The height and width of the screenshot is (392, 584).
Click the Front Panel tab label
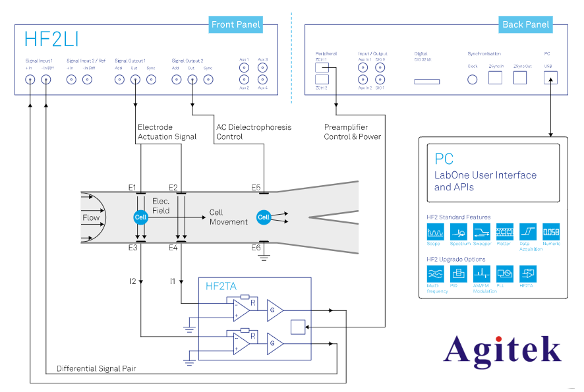pyautogui.click(x=236, y=25)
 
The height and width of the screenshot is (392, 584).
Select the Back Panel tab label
pyautogui.click(x=525, y=25)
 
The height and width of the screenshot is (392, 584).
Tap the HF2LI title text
pyautogui.click(x=51, y=39)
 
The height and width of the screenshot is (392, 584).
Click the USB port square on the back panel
pyautogui.click(x=549, y=78)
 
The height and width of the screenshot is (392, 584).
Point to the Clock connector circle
pyautogui.click(x=473, y=79)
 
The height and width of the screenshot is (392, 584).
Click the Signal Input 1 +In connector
pyautogui.click(x=30, y=80)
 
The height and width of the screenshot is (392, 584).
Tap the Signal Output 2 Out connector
pyautogui.click(x=192, y=80)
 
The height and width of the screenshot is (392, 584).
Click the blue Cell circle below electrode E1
pyautogui.click(x=140, y=217)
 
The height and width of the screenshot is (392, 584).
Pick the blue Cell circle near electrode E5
pyautogui.click(x=264, y=217)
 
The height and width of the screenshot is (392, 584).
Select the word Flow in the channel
pyautogui.click(x=91, y=217)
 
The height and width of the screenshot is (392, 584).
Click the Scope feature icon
pyautogui.click(x=434, y=232)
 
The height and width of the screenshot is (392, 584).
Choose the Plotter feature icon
pyautogui.click(x=504, y=232)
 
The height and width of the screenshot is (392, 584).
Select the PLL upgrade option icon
pyautogui.click(x=504, y=273)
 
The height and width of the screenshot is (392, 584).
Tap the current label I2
pyautogui.click(x=133, y=281)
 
